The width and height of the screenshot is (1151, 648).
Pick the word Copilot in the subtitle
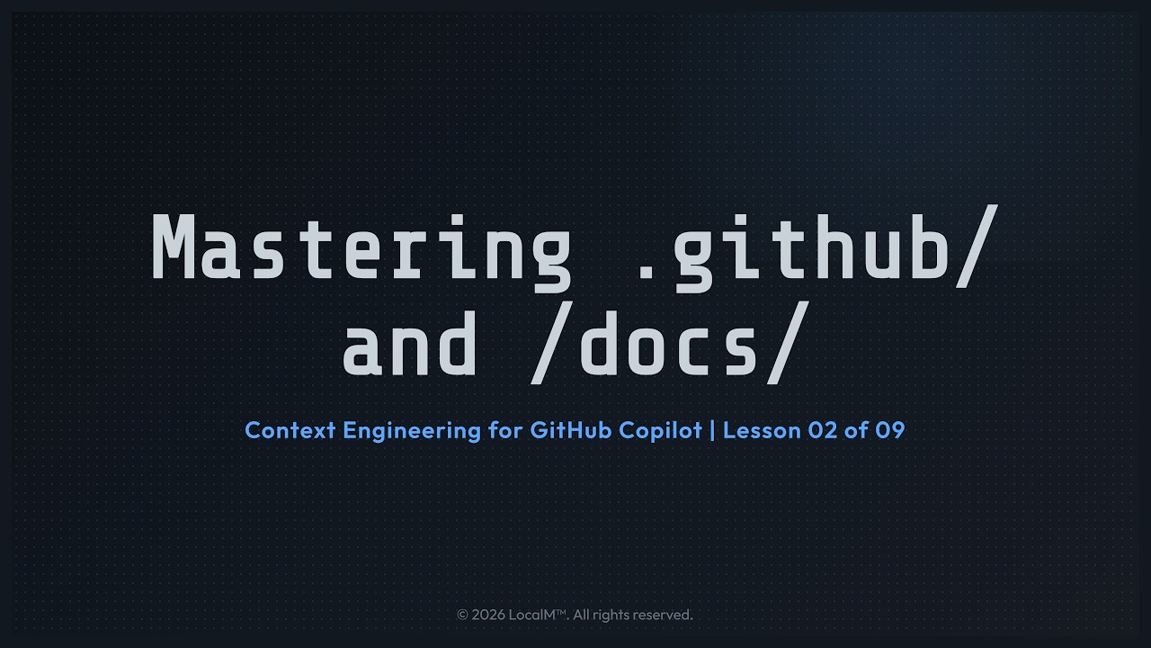(x=660, y=430)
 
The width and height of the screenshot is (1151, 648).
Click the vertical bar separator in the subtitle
(x=712, y=430)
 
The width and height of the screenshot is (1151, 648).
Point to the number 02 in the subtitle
(x=823, y=430)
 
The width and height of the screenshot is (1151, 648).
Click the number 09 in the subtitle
(x=889, y=430)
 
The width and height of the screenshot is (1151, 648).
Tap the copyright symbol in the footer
(x=462, y=615)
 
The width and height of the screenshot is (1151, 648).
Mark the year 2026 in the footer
(x=487, y=615)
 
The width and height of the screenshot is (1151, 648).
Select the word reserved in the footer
(x=663, y=615)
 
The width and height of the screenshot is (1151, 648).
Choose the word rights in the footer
(x=611, y=615)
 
